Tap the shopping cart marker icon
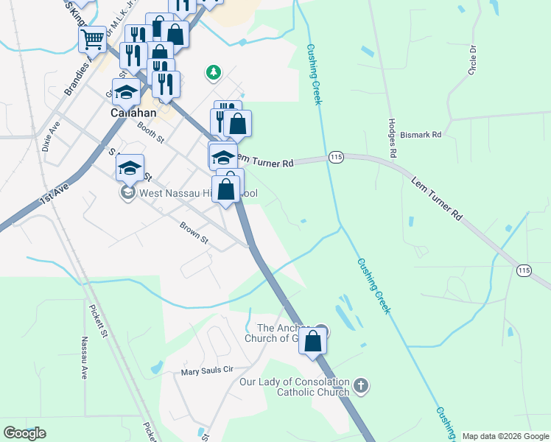point(92,38)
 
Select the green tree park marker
point(214,72)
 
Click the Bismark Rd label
point(421,135)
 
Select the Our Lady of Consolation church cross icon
point(361,385)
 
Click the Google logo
point(24,433)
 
